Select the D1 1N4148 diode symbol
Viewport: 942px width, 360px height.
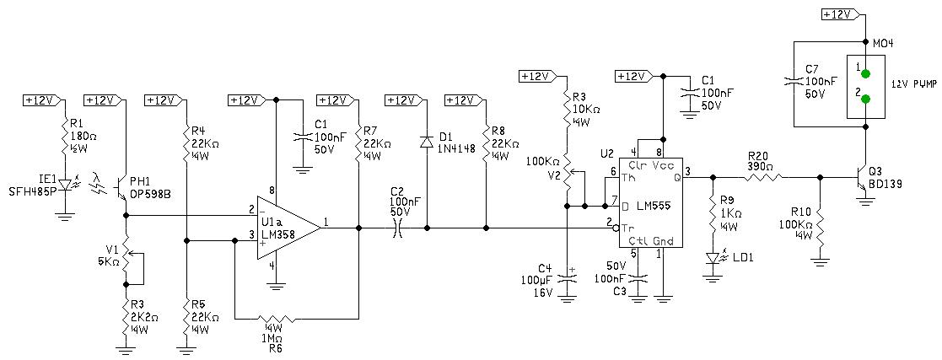click(427, 142)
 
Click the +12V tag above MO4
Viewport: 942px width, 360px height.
click(840, 14)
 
